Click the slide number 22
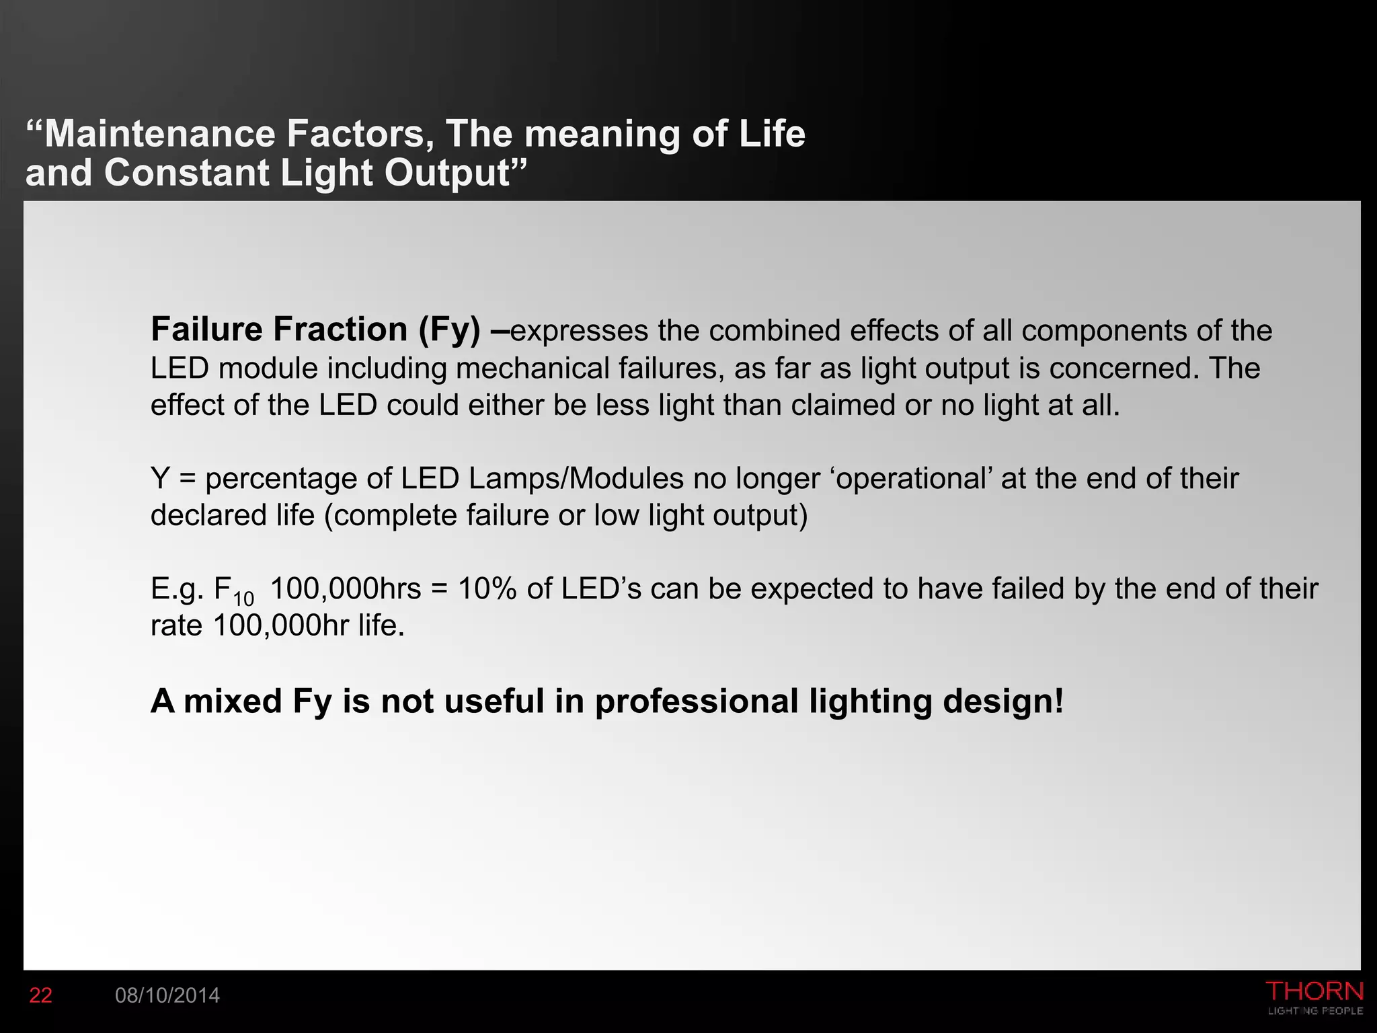pyautogui.click(x=40, y=995)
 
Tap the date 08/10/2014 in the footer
pyautogui.click(x=167, y=995)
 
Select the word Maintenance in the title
pyautogui.click(x=160, y=133)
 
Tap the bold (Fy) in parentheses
pyautogui.click(x=449, y=330)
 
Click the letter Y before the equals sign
pyautogui.click(x=160, y=478)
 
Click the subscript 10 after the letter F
pyautogui.click(x=243, y=598)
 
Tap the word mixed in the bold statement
pyautogui.click(x=233, y=701)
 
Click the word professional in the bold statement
pyautogui.click(x=696, y=701)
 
